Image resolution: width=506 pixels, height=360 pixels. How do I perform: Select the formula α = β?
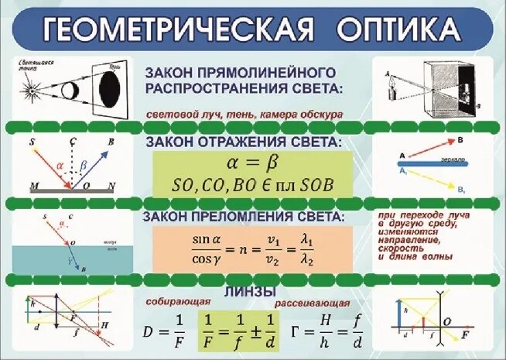248,164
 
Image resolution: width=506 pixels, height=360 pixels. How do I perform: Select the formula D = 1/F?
163,331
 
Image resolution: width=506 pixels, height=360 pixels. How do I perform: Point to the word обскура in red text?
317,114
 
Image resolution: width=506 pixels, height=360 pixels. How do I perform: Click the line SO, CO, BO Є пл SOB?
248,186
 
